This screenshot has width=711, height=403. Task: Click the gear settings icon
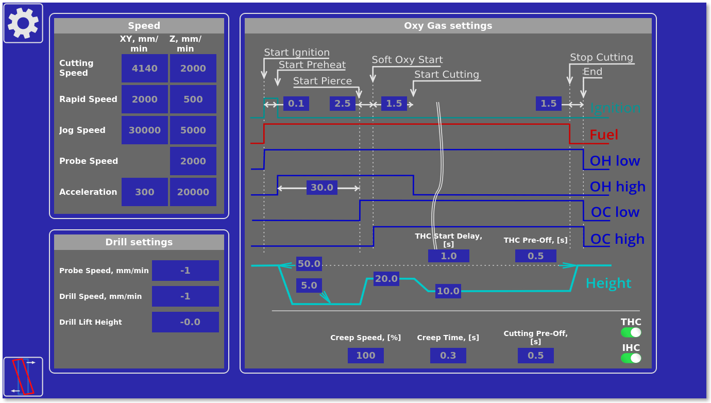(x=23, y=23)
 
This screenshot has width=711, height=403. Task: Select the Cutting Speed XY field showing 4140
(x=144, y=69)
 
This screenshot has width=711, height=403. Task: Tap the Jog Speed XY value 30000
(x=144, y=130)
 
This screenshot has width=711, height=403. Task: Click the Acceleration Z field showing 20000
(x=193, y=192)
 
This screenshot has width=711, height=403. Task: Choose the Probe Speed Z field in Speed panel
(x=193, y=161)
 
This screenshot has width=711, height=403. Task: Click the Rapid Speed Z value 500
(x=193, y=99)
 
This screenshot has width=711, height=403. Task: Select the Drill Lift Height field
(x=185, y=322)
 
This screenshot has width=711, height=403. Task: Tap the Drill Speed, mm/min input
(x=185, y=296)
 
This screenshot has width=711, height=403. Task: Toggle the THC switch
(x=631, y=332)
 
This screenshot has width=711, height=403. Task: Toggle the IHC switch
(x=631, y=358)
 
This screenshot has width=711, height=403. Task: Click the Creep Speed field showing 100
(x=365, y=356)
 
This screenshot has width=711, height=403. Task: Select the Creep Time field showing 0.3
(x=448, y=356)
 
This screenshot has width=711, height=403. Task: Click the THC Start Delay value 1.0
(x=448, y=256)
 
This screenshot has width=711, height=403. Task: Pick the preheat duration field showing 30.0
(x=321, y=188)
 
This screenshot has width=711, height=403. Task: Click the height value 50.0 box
(x=309, y=264)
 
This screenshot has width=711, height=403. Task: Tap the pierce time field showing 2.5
(x=342, y=104)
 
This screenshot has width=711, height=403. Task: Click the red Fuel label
(x=603, y=135)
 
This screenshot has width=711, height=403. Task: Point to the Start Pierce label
(x=323, y=81)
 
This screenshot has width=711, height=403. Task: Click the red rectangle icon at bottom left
(x=23, y=377)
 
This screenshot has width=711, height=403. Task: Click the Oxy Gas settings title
(x=448, y=26)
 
